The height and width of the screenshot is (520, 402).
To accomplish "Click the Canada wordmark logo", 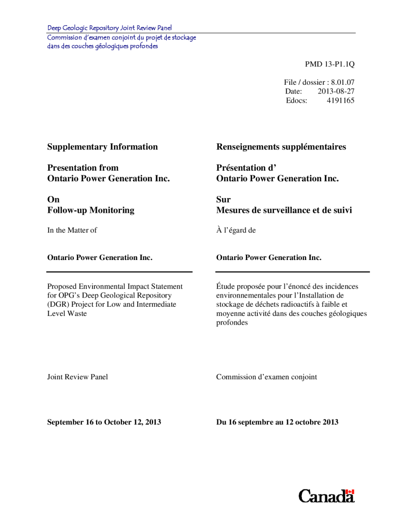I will click(326, 496).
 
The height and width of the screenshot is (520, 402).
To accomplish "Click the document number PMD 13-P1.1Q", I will click(329, 64).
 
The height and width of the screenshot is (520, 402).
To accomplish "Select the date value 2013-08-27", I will click(336, 91).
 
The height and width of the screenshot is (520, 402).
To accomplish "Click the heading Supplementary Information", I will click(102, 147).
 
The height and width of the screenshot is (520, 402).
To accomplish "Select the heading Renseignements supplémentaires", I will click(281, 147).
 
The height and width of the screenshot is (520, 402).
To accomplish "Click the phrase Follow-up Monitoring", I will click(90, 210).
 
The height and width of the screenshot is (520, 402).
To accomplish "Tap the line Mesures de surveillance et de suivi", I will click(284, 210).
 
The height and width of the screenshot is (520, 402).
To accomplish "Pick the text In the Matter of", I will click(72, 230).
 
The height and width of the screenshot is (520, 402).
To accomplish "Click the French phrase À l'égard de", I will click(236, 230).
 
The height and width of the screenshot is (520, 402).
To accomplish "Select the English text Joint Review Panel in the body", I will click(77, 377).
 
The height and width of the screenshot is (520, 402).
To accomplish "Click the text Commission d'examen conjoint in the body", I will click(266, 377).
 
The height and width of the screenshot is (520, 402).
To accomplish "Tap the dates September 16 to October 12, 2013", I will click(104, 422).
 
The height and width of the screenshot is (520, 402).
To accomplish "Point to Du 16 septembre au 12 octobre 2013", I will click(277, 422).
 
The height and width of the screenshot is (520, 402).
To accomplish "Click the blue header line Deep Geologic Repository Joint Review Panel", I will click(109, 28).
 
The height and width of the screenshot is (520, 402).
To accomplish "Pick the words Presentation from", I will click(83, 168).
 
